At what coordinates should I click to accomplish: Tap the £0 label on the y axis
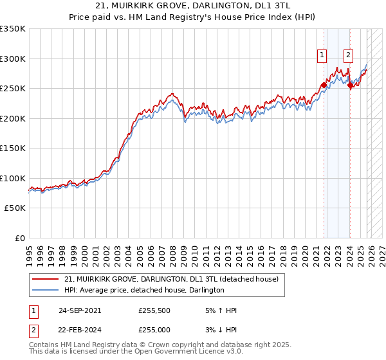click(x=20, y=239)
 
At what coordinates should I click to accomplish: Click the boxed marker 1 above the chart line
click(x=322, y=55)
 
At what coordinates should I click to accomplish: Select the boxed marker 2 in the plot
click(x=348, y=55)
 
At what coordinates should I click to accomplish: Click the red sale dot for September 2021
click(x=324, y=85)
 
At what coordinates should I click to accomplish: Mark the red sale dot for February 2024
click(x=350, y=85)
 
